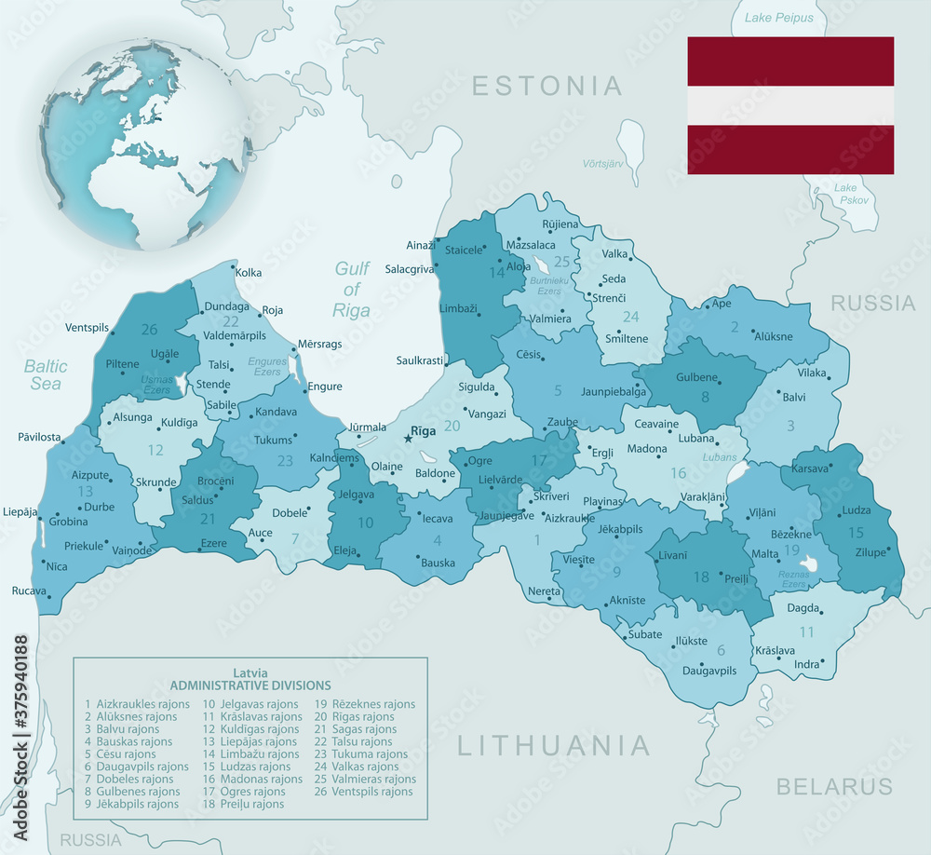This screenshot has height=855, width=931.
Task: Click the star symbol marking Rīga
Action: coord(407,439)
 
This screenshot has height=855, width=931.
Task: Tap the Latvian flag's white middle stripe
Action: coord(790,106)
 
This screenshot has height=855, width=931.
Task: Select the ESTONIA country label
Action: coord(546,86)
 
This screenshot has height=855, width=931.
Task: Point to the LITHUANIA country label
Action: coord(554,745)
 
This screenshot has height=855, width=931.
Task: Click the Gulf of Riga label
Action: coord(352,290)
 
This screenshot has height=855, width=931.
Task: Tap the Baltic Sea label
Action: coord(45,374)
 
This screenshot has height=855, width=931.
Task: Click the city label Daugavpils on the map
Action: coord(709,670)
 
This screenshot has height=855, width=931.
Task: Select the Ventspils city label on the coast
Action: coord(88,328)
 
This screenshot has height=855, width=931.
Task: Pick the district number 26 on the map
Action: coord(149,329)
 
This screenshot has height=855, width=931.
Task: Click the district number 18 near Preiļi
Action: coord(701,577)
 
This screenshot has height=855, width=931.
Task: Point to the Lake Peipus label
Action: coord(779,18)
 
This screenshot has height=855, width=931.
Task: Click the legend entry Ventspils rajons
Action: coord(364,792)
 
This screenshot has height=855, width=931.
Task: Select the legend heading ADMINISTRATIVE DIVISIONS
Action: coord(250,685)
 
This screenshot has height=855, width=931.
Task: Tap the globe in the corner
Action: coord(144,145)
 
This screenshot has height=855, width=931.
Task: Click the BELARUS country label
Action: coord(834,786)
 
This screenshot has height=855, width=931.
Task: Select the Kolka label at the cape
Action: coord(249,273)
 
